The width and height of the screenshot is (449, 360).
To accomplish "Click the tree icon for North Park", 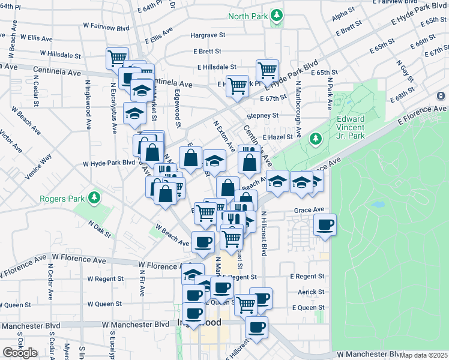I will [276, 15].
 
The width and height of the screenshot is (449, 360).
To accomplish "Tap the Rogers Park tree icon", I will [93, 197].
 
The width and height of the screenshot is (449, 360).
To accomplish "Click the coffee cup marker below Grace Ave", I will [325, 226].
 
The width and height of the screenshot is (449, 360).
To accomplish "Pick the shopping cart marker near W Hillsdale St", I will [117, 59].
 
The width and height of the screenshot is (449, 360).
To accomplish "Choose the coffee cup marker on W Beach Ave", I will [202, 242].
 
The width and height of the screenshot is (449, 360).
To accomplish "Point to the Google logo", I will [20, 353].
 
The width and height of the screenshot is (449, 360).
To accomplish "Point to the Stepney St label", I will [263, 115].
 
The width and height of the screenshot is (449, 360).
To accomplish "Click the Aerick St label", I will [311, 292].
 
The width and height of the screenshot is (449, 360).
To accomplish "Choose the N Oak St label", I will [100, 228].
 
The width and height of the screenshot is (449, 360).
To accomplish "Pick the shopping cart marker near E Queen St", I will [245, 304].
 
